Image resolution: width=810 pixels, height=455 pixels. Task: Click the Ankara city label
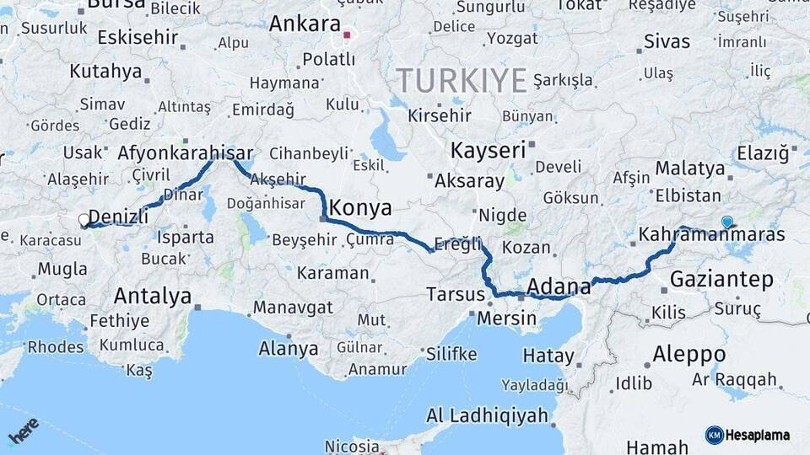[304, 24]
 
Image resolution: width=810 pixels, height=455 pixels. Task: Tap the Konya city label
[360, 207]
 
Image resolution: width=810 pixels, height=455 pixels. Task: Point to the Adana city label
[559, 287]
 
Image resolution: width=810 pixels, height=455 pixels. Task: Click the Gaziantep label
[721, 280]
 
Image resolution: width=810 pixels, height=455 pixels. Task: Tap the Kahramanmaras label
[712, 235]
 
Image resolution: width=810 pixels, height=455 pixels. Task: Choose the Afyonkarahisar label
[186, 153]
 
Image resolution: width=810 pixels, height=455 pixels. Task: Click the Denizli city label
[118, 216]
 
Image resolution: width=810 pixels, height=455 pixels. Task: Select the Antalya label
[153, 296]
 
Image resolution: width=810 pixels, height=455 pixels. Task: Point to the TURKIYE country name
[462, 81]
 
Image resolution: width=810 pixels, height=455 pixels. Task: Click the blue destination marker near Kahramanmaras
[727, 222]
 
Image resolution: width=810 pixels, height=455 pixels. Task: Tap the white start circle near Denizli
[84, 221]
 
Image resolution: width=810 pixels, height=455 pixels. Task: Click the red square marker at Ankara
[347, 35]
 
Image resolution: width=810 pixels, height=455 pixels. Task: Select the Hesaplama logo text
[757, 435]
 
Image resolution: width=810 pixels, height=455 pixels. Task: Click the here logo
[24, 431]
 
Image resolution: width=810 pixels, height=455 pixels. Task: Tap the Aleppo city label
[688, 353]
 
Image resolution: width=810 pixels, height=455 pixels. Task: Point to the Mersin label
[507, 318]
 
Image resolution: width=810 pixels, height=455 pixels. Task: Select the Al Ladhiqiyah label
[487, 415]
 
